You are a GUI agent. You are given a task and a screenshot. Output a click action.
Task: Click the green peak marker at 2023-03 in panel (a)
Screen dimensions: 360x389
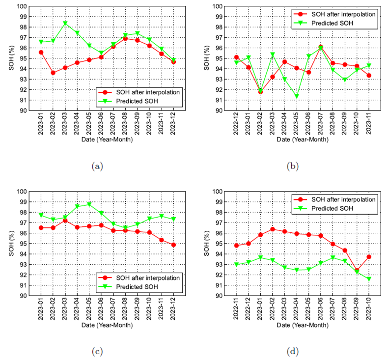65,23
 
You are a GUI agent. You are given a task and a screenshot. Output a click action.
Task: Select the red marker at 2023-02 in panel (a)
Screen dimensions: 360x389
53,73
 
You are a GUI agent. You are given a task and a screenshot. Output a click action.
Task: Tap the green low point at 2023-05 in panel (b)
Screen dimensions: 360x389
296,96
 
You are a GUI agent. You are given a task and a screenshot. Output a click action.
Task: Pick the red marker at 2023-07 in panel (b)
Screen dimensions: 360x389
320,47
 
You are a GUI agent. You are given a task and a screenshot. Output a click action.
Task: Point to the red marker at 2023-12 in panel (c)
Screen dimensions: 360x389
173,245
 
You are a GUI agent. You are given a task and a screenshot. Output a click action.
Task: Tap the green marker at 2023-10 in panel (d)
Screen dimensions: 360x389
368,279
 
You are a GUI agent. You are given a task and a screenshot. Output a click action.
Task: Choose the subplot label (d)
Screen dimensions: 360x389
293,352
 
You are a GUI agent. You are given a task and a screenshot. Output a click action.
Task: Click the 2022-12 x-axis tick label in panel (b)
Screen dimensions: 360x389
237,125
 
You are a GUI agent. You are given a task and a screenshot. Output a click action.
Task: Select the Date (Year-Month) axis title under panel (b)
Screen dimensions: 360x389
303,140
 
